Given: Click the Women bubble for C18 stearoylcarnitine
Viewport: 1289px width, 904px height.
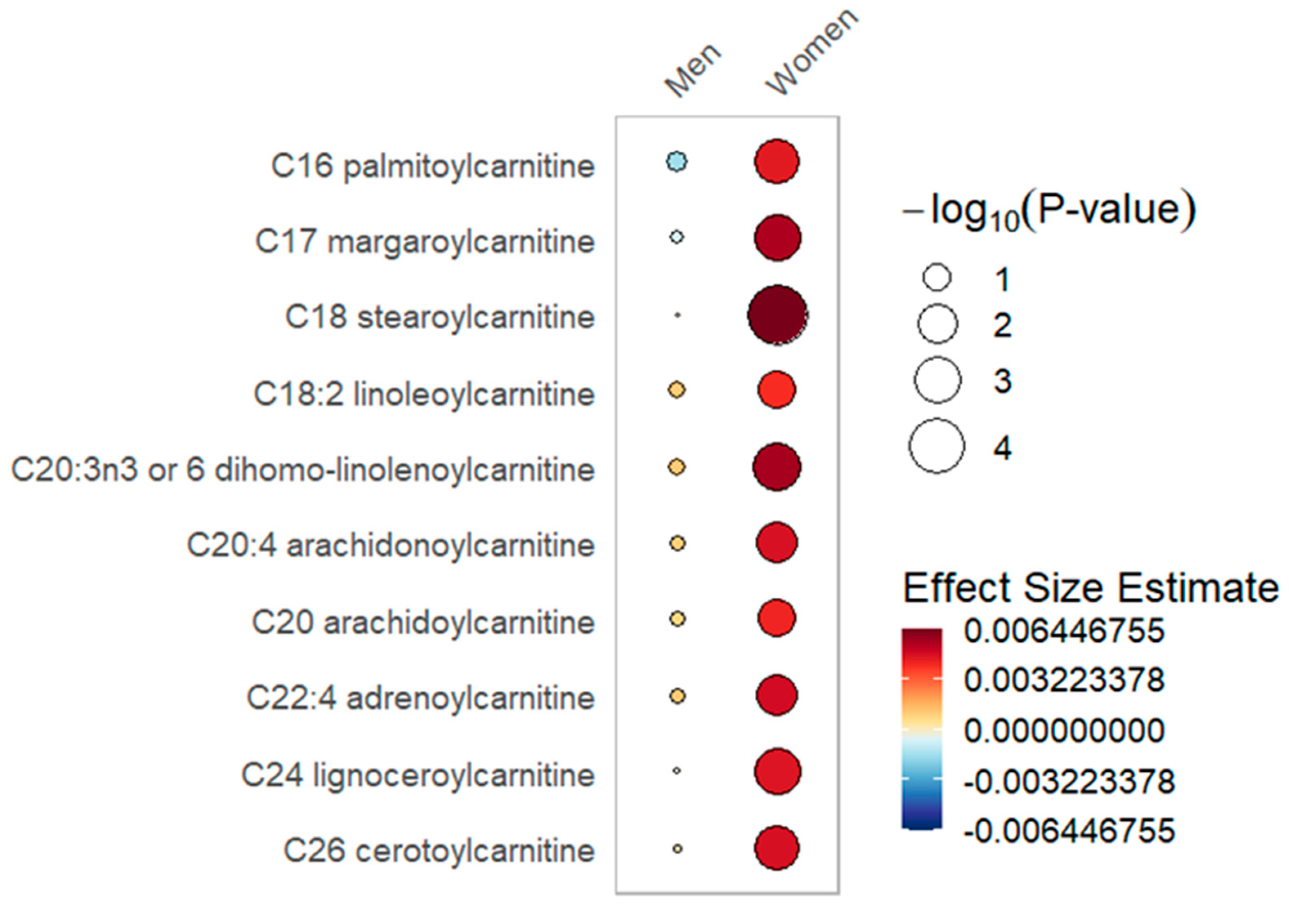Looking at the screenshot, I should tap(778, 315).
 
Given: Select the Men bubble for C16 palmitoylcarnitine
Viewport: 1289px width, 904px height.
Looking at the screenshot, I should tap(676, 162).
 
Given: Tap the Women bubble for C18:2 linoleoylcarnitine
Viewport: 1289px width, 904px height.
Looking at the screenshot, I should tap(777, 389).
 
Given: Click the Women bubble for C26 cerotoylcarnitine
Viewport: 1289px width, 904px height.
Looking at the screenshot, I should tap(777, 848).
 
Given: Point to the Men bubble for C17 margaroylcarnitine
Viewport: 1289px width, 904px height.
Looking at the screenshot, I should tap(676, 237).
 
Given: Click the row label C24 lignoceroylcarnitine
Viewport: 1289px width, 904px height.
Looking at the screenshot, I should tap(418, 775).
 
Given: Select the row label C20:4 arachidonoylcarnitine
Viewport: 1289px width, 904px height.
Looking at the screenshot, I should tap(391, 545).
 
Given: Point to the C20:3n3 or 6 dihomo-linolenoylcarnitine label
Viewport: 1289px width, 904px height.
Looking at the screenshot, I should tap(303, 470).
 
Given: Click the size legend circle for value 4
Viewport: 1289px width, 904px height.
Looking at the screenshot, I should tap(937, 446).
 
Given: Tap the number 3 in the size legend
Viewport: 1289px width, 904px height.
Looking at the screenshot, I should tap(1003, 381).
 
